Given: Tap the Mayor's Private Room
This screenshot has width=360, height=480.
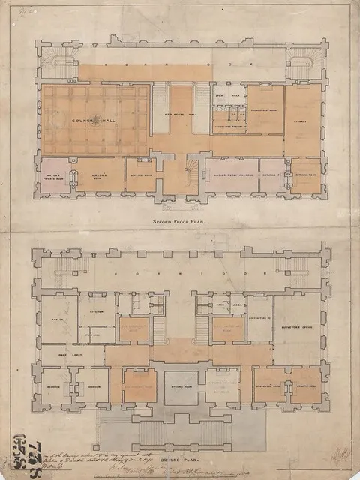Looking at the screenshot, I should coord(57,178).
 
